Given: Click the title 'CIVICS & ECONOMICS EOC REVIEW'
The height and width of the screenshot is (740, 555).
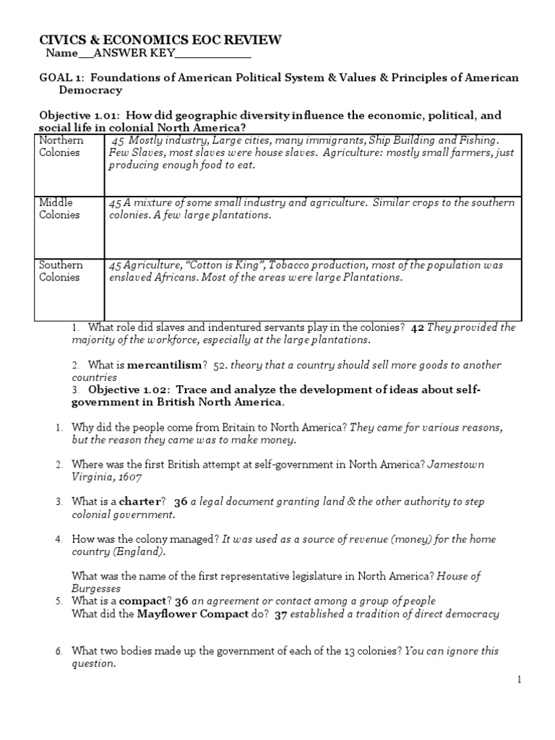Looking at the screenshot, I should tap(160, 40).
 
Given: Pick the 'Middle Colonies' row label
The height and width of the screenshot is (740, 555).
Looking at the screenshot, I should tap(59, 209).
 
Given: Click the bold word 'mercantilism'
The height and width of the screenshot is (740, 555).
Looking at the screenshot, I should tap(163, 365).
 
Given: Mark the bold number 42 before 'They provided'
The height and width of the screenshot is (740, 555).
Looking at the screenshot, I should tap(417, 327).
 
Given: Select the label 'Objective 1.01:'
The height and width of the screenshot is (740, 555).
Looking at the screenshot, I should tap(81, 116).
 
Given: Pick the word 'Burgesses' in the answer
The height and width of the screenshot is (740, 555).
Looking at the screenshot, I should tap(96, 588).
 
